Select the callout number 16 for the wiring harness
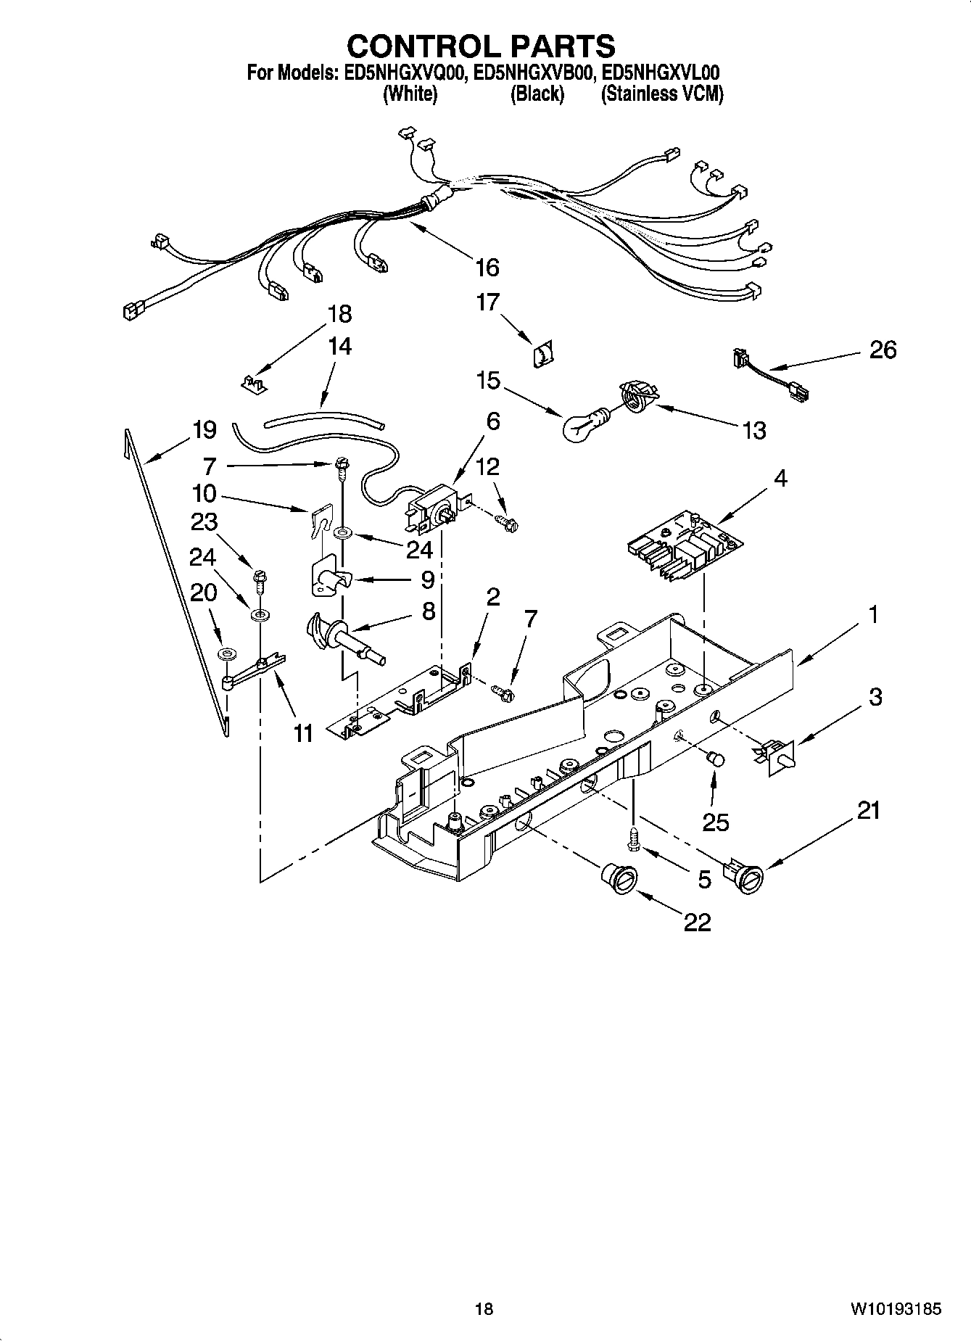tap(487, 268)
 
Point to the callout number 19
tap(204, 430)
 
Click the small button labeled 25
tap(716, 759)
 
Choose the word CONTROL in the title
tap(423, 47)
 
